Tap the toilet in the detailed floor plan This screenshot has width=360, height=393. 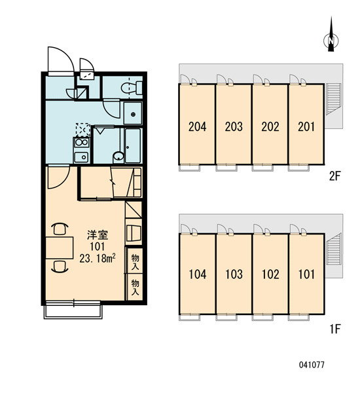pos(132,88)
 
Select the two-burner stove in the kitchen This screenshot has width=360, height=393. pos(81,143)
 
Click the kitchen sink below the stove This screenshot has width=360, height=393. pos(81,157)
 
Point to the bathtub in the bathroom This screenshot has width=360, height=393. pos(133,145)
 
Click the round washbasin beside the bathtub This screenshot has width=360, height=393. pos(118,156)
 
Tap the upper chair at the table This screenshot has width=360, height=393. pos(60,229)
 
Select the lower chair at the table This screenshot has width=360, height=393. pos(60,266)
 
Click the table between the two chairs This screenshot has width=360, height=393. pos(60,248)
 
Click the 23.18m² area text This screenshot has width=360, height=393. pos(98,259)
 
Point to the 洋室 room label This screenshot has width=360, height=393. pos(98,235)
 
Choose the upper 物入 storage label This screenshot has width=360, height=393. pos(135,261)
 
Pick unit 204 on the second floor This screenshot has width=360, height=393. pos(197,126)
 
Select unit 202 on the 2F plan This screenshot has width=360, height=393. pos(270,126)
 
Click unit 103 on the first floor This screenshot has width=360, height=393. pos(234,274)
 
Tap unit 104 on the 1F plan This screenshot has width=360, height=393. pos(198,274)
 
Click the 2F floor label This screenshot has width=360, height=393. pos(334,176)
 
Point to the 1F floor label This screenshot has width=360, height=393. pos(334,329)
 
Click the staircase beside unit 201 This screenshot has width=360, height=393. pos(333,99)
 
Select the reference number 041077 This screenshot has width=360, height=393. pos(312,365)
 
